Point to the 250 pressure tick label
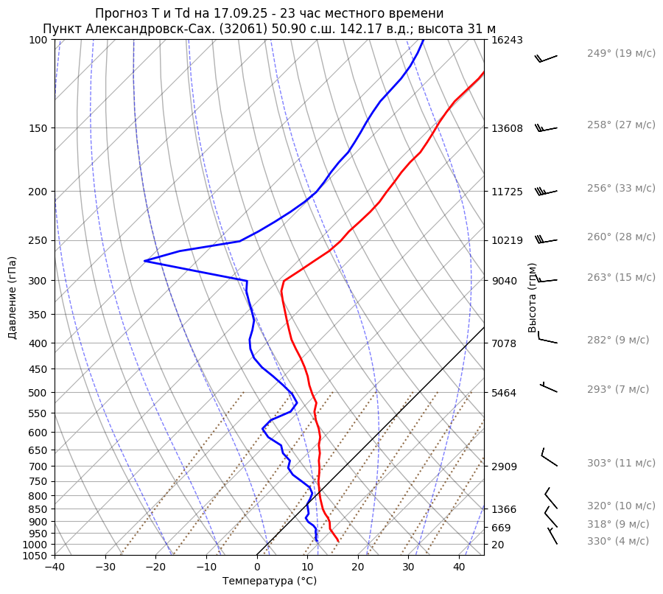tap(40, 240)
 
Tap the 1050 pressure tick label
tap(37, 556)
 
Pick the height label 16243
tap(508, 41)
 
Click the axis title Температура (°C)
tap(270, 581)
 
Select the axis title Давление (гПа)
tap(13, 298)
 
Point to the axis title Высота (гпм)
tap(533, 298)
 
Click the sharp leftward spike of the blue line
tap(146, 260)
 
